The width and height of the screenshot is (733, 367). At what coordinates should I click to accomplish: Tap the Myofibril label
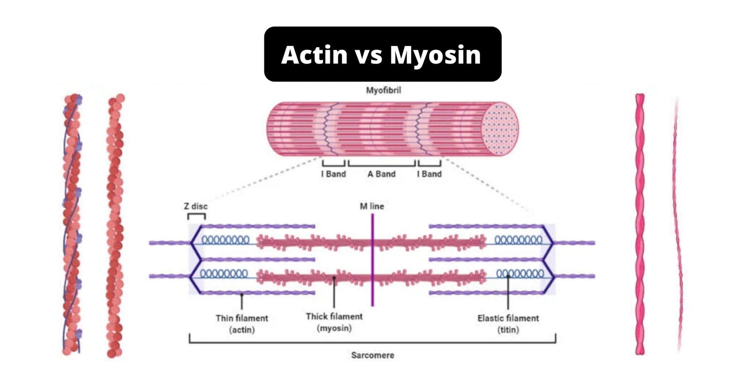(x=383, y=90)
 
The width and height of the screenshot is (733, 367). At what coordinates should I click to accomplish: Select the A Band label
(x=382, y=174)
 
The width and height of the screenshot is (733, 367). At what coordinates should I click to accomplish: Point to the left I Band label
(x=334, y=174)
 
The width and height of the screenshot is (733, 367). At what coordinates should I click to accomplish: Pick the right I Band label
(x=429, y=174)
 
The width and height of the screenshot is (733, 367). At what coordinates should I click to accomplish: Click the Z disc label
(x=196, y=206)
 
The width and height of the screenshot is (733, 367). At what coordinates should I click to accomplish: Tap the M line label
(x=372, y=206)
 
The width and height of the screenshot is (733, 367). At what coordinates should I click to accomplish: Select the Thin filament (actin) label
(x=242, y=324)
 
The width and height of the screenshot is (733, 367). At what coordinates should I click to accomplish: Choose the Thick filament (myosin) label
(x=334, y=322)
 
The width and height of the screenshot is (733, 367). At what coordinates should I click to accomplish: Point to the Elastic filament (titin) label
(x=508, y=324)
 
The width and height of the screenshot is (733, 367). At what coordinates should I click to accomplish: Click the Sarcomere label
(x=373, y=355)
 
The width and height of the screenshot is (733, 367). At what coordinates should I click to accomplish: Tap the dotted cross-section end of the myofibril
(x=500, y=129)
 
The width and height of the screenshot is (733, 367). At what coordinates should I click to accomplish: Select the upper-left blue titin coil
(x=225, y=240)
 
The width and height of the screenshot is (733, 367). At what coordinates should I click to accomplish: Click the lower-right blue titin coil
(x=520, y=274)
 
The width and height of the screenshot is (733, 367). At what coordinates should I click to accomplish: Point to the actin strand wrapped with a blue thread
(x=72, y=224)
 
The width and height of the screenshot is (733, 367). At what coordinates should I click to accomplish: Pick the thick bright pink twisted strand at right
(x=640, y=224)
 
